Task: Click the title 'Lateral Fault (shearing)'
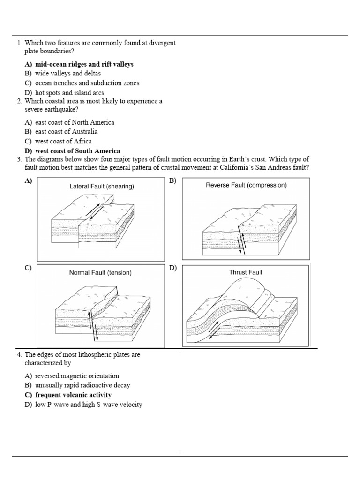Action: tap(102, 187)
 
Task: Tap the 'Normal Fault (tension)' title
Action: tap(100, 272)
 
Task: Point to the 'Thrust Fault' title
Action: tap(245, 272)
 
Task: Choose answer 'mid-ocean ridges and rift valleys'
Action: tap(84, 64)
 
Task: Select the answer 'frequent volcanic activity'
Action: tap(73, 395)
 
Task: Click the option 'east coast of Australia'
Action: tap(66, 132)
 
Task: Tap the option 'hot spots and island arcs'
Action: tap(69, 93)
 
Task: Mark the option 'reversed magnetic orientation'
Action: tap(77, 376)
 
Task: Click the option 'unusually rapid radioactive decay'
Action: tap(82, 385)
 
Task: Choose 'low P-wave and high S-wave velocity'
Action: tap(89, 405)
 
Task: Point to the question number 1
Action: tap(19, 43)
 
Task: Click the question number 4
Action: tap(19, 355)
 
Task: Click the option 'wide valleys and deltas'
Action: tap(68, 74)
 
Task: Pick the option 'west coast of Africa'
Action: tap(63, 141)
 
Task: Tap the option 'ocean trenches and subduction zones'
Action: tap(87, 83)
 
